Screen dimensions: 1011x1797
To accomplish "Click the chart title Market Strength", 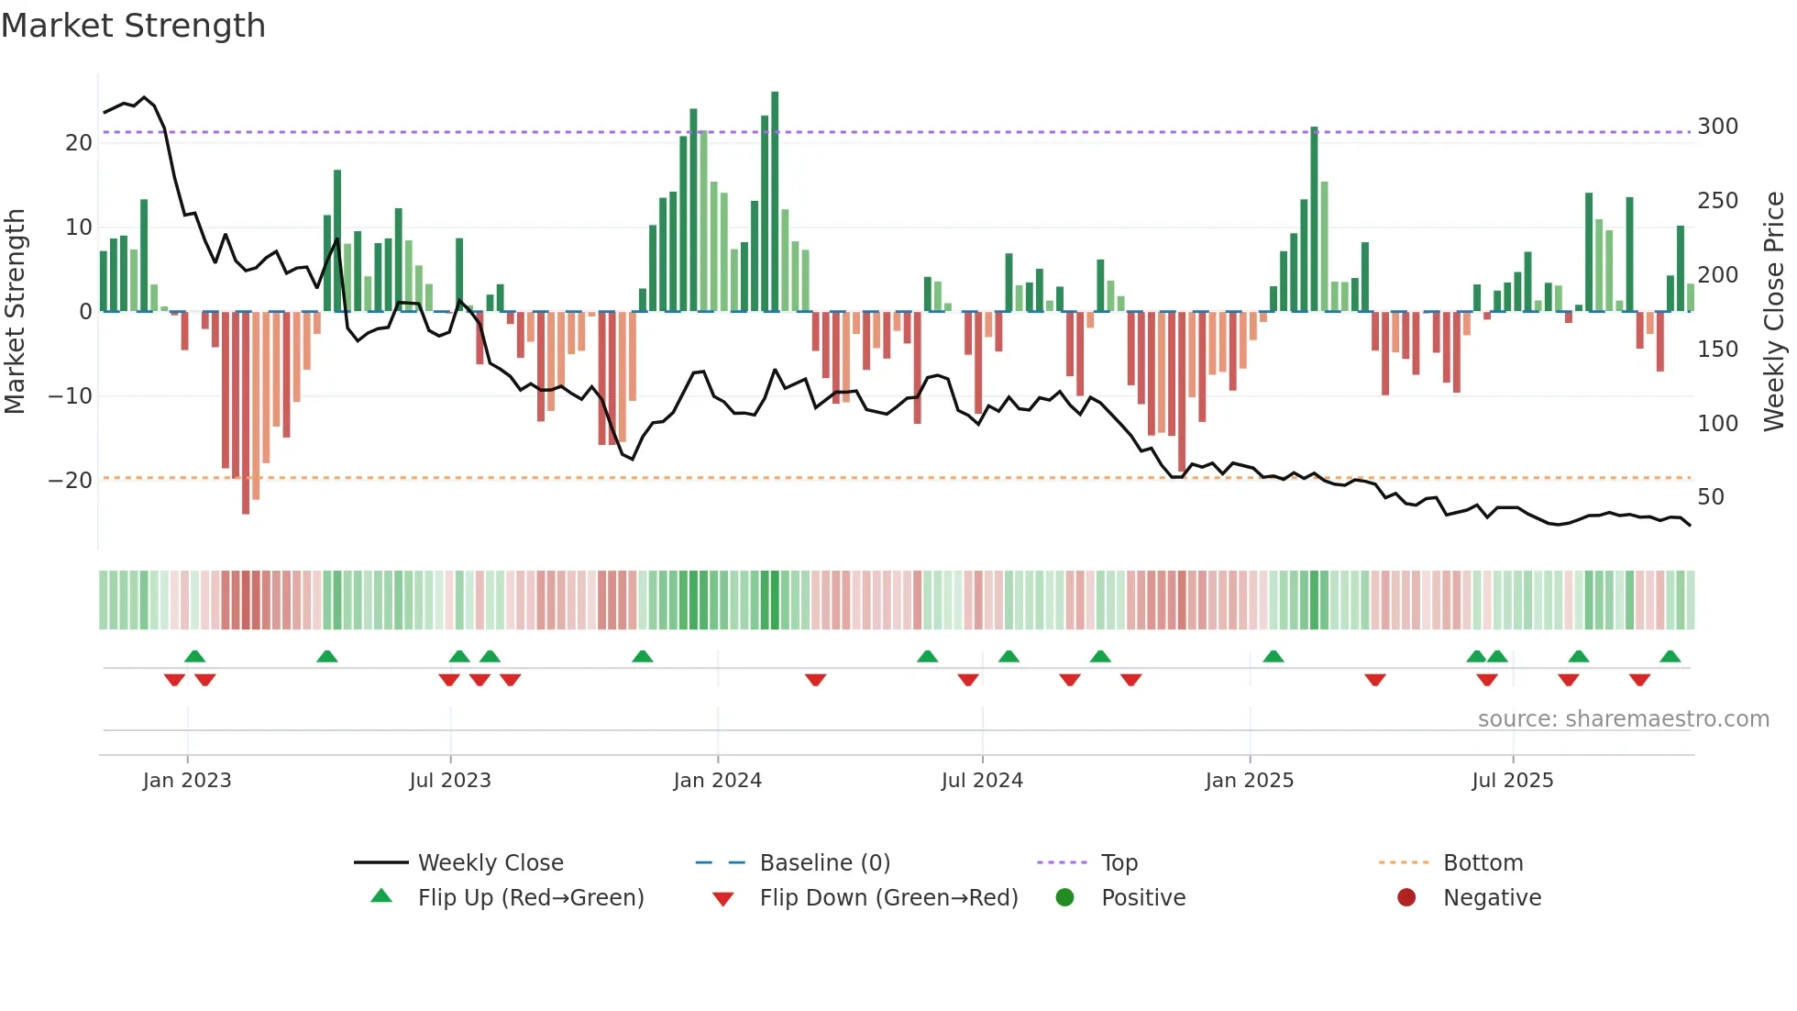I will click(133, 26).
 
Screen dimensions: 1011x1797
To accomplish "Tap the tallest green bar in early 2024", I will click(775, 202).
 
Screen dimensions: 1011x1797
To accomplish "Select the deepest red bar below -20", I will click(246, 413).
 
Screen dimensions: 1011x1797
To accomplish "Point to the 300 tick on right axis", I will click(1717, 127).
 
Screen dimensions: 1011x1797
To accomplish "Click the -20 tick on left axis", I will click(71, 480).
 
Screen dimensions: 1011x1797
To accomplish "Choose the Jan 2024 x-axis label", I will click(717, 781).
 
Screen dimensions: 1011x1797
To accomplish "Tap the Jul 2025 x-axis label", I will click(1512, 781).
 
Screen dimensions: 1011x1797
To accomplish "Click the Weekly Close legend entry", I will click(491, 863).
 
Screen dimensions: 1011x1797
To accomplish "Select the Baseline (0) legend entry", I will click(824, 863).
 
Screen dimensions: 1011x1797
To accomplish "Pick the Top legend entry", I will click(1119, 863).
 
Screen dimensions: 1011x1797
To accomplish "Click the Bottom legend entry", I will click(1483, 863).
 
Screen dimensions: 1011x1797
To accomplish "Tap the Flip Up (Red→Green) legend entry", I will click(530, 898).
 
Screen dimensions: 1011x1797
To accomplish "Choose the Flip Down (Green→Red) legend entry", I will click(888, 898).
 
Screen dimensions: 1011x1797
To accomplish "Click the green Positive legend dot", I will click(1064, 897).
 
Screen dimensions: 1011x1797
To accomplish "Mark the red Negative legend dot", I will click(1406, 897).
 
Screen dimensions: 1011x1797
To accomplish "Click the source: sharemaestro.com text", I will click(1623, 719).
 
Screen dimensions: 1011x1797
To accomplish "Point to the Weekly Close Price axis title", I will click(1774, 312).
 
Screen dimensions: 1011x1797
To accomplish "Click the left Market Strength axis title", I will click(16, 312).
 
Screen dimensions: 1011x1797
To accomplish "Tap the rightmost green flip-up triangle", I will click(1670, 657).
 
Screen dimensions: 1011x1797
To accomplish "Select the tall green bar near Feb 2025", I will click(1314, 220).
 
